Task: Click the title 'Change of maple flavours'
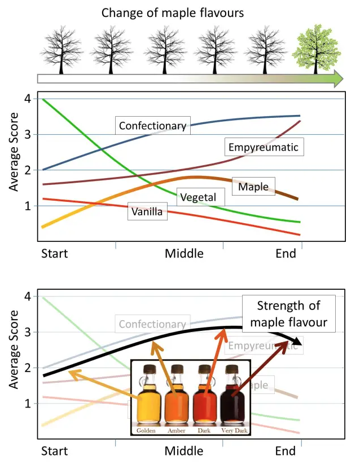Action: click(x=172, y=12)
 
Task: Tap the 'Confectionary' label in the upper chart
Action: click(x=152, y=126)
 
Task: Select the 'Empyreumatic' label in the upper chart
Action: click(x=263, y=148)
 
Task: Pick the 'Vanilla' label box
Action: click(x=147, y=212)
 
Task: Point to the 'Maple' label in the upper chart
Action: click(x=253, y=186)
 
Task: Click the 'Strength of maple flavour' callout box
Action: click(x=288, y=315)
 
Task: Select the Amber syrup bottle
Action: click(x=177, y=400)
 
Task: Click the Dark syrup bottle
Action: click(x=204, y=400)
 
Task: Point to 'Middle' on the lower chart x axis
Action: click(x=184, y=452)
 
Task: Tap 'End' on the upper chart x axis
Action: click(x=286, y=254)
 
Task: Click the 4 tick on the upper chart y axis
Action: click(x=27, y=99)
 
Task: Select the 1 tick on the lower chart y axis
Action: click(x=27, y=404)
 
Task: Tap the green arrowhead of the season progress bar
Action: click(x=337, y=78)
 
